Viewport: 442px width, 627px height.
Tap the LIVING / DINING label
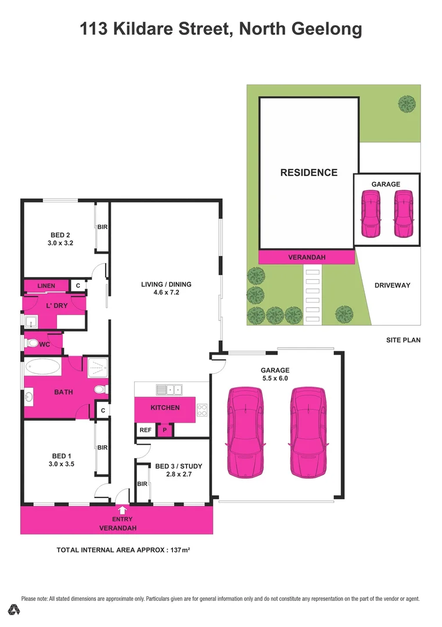pyautogui.click(x=166, y=284)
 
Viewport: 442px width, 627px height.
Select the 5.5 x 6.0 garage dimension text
pyautogui.click(x=275, y=378)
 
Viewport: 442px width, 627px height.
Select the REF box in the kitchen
pyautogui.click(x=145, y=430)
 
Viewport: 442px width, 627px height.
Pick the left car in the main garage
pyautogui.click(x=245, y=432)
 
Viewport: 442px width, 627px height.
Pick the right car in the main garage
pyautogui.click(x=308, y=432)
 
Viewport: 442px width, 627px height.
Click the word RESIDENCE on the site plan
pyautogui.click(x=308, y=172)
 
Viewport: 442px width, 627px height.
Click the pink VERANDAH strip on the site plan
pyautogui.click(x=306, y=257)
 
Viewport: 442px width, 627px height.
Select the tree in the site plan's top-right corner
pyautogui.click(x=407, y=104)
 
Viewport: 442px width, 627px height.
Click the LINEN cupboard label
pyautogui.click(x=46, y=286)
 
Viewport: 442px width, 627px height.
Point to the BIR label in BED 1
pyautogui.click(x=102, y=448)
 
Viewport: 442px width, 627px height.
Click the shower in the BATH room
pyautogui.click(x=98, y=367)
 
